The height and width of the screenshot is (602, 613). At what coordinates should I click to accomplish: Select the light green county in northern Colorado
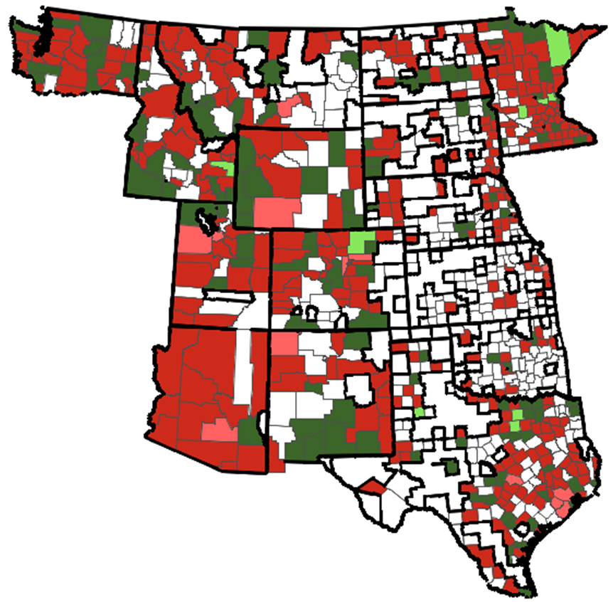361,241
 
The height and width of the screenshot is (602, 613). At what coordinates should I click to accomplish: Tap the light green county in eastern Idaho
223,169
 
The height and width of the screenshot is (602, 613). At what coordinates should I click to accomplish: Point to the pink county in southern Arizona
220,430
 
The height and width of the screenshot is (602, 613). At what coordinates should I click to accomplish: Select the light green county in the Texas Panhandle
420,412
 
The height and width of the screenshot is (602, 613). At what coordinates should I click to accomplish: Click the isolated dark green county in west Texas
450,468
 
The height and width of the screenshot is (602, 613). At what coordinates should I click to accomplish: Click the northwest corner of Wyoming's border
238,129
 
